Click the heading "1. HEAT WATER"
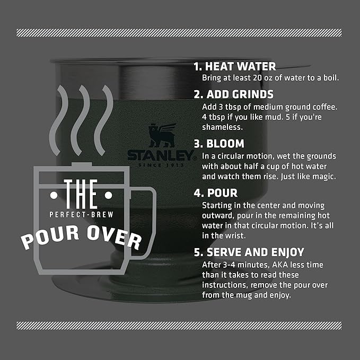click(234, 67)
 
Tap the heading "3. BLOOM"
click(218, 144)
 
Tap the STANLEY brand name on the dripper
click(159, 155)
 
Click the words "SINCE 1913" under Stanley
click(159, 165)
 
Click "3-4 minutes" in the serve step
click(241, 265)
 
